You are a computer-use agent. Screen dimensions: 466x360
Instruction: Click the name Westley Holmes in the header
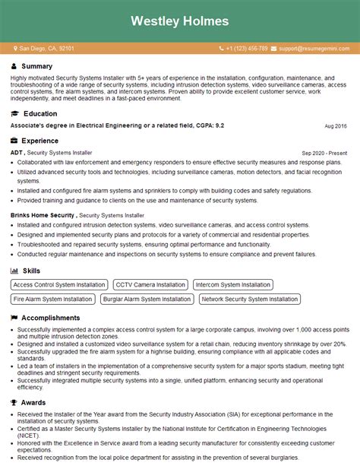tap(179, 21)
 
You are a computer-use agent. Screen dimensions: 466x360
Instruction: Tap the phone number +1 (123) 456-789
tap(246, 48)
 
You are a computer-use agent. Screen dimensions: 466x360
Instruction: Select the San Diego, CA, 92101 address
tap(47, 48)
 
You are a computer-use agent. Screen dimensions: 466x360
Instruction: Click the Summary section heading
tap(37, 66)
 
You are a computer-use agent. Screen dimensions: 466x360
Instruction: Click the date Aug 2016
tap(335, 125)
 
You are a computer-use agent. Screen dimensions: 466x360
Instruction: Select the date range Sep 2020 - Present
tap(324, 153)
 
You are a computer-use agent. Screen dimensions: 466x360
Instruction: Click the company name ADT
tap(17, 153)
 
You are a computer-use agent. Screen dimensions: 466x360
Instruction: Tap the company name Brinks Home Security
tap(43, 215)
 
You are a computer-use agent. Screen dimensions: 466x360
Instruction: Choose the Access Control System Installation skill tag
tap(59, 285)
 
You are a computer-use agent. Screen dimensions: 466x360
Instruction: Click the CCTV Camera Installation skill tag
tap(150, 285)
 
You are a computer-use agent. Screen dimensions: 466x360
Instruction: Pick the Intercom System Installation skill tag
tap(232, 285)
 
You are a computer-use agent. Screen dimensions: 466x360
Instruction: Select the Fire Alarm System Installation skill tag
tap(52, 299)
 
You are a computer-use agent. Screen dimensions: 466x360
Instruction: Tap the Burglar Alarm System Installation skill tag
tap(147, 299)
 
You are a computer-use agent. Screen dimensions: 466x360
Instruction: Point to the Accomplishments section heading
tap(51, 318)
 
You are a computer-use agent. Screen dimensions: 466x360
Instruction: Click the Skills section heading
tap(31, 270)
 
